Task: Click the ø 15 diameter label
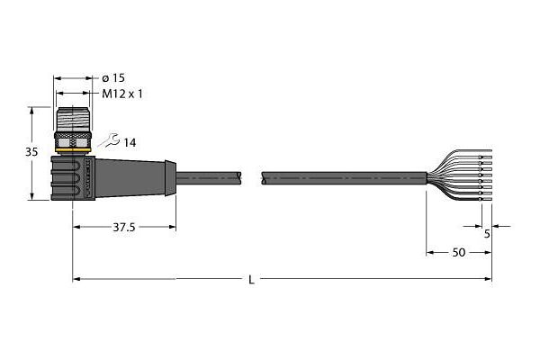[x=114, y=78]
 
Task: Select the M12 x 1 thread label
[x=121, y=94]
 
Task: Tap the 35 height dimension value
[x=31, y=151]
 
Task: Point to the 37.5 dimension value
[x=124, y=227]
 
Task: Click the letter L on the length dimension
[x=252, y=280]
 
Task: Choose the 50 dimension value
[x=459, y=253]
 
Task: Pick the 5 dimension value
[x=487, y=234]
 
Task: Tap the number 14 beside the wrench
[x=130, y=142]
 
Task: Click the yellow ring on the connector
[x=74, y=149]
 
